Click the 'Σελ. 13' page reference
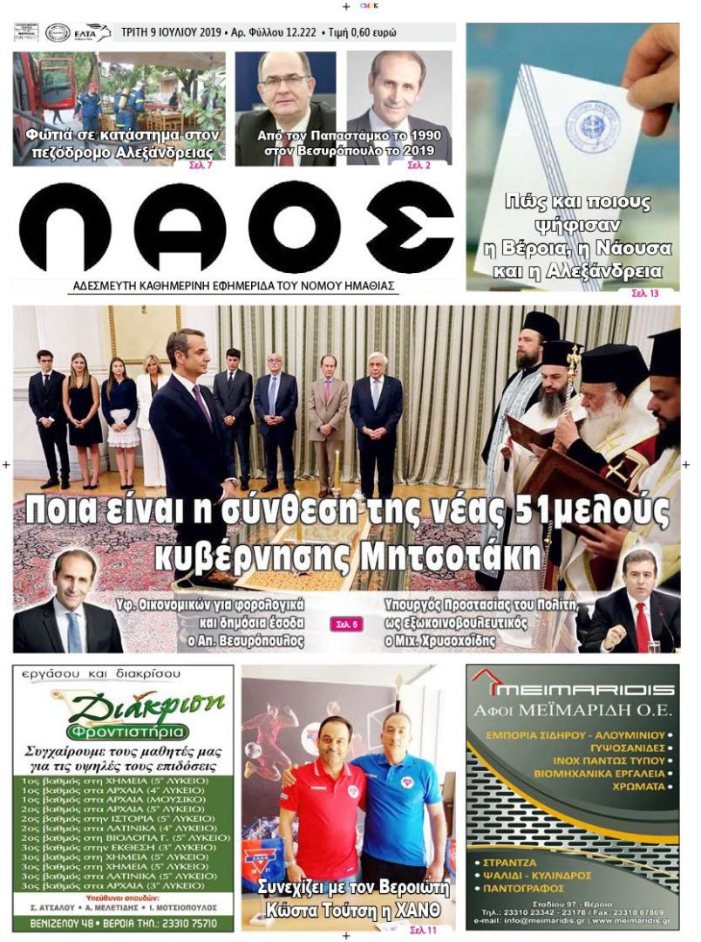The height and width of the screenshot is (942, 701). click(645, 293)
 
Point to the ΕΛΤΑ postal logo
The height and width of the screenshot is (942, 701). click(92, 32)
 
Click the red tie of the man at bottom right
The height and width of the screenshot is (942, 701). click(642, 626)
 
